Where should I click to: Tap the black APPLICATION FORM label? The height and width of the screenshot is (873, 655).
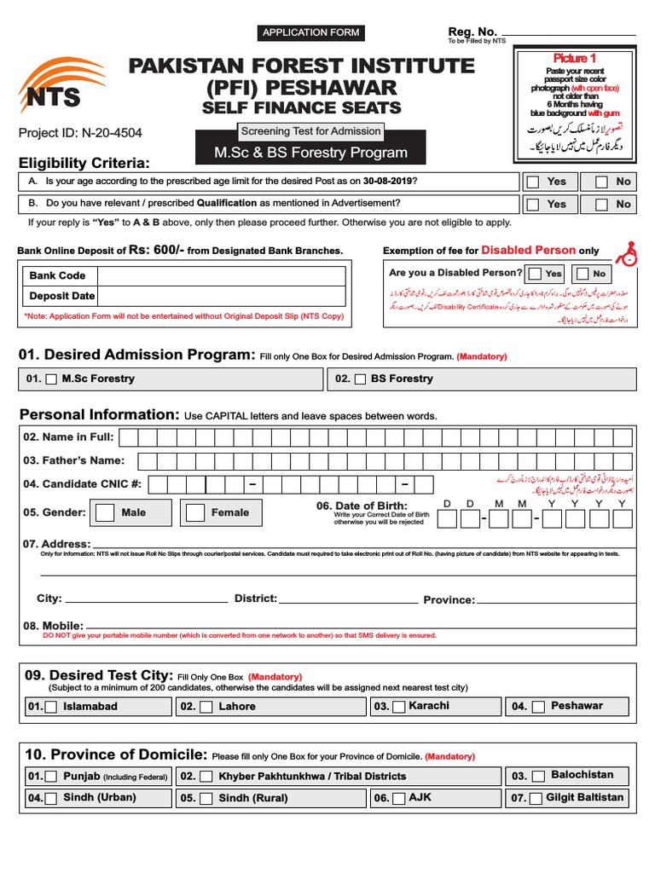pyautogui.click(x=311, y=32)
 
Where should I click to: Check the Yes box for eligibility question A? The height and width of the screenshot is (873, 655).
pyautogui.click(x=533, y=182)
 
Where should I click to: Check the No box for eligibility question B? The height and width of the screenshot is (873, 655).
pyautogui.click(x=601, y=205)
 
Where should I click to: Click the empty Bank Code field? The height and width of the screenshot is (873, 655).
pyautogui.click(x=221, y=276)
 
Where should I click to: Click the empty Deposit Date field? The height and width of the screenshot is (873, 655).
pyautogui.click(x=221, y=297)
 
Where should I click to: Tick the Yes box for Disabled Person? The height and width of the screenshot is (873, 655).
pyautogui.click(x=536, y=274)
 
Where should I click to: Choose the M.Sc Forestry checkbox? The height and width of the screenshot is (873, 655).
pyautogui.click(x=51, y=379)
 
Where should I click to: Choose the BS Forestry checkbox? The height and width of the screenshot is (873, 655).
pyautogui.click(x=360, y=379)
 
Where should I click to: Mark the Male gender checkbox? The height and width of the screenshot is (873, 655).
pyautogui.click(x=105, y=512)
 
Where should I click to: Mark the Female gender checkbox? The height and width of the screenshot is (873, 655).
pyautogui.click(x=195, y=512)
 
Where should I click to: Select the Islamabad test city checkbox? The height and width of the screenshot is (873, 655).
pyautogui.click(x=51, y=707)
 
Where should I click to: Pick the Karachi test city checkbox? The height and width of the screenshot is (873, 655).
pyautogui.click(x=397, y=707)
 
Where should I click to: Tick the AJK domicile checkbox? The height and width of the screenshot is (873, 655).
pyautogui.click(x=399, y=799)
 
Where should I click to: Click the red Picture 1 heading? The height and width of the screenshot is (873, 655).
pyautogui.click(x=575, y=58)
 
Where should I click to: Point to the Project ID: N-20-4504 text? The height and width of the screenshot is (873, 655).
pyautogui.click(x=80, y=133)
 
